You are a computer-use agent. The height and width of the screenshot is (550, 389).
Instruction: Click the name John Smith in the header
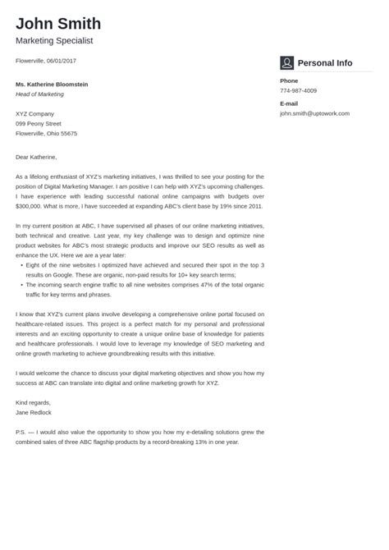(58, 23)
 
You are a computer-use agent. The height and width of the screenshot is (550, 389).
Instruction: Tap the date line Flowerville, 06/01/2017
(46, 61)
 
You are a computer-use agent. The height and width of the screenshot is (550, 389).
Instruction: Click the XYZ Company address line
(35, 113)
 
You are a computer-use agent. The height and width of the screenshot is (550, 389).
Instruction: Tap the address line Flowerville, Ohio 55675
(47, 133)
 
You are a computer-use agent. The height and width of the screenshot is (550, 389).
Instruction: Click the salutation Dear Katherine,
(36, 156)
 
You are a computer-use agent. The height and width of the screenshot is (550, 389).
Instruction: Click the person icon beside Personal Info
(286, 63)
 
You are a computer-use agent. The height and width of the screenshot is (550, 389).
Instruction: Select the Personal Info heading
(324, 63)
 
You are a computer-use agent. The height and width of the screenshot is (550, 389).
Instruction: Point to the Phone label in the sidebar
(289, 81)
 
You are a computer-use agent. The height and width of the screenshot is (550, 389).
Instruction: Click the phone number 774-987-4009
(299, 91)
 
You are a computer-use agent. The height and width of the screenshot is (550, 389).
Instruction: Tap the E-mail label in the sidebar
(289, 103)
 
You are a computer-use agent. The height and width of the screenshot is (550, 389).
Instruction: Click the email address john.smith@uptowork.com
(314, 113)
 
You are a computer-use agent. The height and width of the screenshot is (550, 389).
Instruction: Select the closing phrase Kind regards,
(34, 402)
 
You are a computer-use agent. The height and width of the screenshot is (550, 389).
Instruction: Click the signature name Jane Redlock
(34, 412)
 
